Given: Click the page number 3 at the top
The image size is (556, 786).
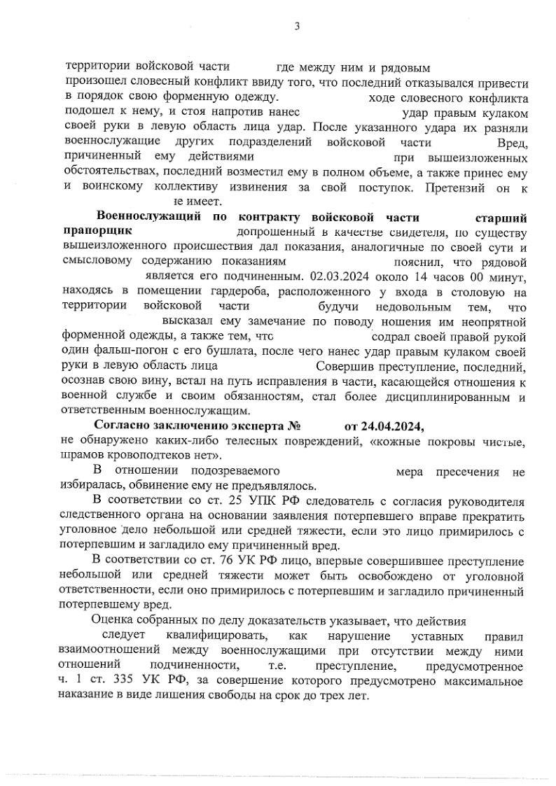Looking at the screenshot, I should coord(297,27).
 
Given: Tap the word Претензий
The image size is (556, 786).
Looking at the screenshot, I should coord(451,187).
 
